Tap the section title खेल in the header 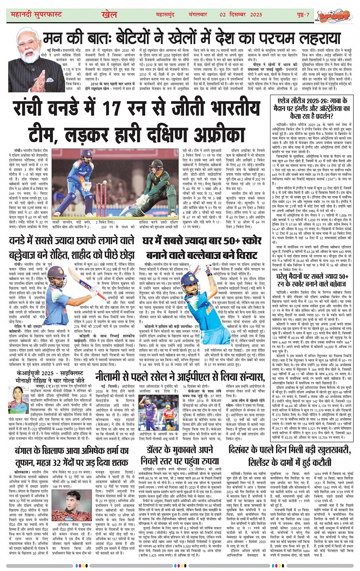(109, 14)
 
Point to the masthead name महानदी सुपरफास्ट (36, 15)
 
